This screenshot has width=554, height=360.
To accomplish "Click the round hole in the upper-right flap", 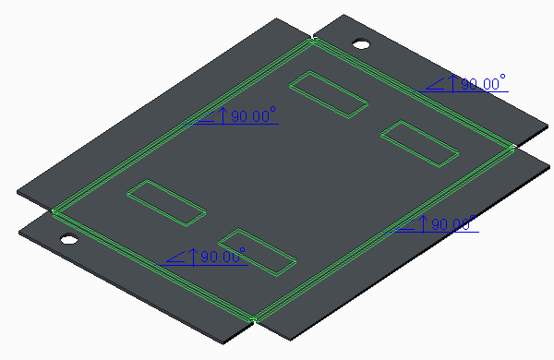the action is pyautogui.click(x=361, y=44).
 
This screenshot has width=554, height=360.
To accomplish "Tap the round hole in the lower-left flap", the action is pyautogui.click(x=69, y=239).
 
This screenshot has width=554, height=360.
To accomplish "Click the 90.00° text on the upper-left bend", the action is pyautogui.click(x=253, y=115).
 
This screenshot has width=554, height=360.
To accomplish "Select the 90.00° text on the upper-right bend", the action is pyautogui.click(x=483, y=83).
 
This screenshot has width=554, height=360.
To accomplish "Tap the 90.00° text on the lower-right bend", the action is pyautogui.click(x=453, y=223).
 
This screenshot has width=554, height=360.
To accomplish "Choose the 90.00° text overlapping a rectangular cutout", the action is pyautogui.click(x=223, y=256).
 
